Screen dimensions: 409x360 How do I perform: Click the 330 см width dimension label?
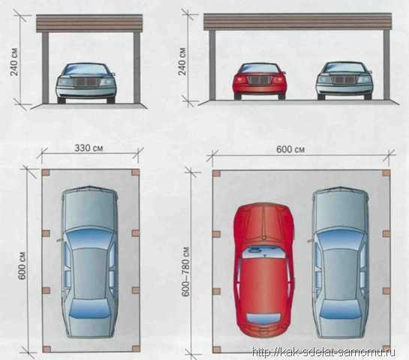(89, 148)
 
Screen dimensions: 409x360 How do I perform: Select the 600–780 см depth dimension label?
(185, 271)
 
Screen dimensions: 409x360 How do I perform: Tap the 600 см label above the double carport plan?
(290, 149)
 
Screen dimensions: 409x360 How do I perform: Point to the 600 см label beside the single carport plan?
(23, 265)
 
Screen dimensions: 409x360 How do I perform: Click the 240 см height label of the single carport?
(14, 61)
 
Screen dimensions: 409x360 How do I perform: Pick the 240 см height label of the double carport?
(182, 61)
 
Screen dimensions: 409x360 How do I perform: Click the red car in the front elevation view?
(260, 81)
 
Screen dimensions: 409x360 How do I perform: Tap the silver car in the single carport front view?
(86, 83)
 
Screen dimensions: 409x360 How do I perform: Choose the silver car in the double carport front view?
(344, 80)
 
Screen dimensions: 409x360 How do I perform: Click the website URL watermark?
(323, 352)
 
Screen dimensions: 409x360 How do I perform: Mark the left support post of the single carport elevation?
(45, 67)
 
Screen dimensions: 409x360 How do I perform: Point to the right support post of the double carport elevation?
(386, 64)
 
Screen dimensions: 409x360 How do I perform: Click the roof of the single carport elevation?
(89, 23)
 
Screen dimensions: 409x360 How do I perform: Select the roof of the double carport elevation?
(298, 22)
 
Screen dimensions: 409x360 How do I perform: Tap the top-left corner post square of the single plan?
(46, 172)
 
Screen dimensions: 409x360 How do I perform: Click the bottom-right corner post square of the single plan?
(136, 349)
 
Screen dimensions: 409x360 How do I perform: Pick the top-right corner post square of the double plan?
(386, 173)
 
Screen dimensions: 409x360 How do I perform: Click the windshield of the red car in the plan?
(264, 252)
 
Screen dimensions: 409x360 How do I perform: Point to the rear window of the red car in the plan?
(263, 318)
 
